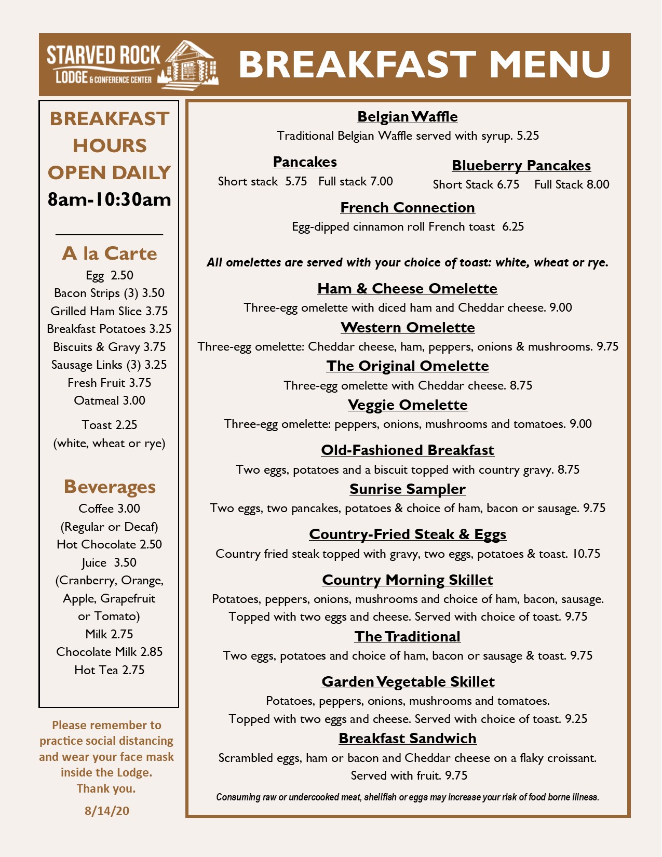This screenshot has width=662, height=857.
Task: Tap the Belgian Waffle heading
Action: click(x=408, y=116)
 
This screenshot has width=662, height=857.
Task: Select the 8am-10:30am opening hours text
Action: click(x=109, y=199)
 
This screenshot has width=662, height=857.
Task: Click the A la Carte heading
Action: click(x=109, y=253)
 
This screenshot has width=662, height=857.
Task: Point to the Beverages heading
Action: click(x=110, y=487)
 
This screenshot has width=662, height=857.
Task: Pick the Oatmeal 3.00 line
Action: click(x=110, y=400)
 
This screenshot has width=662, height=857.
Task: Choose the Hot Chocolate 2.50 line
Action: click(x=109, y=544)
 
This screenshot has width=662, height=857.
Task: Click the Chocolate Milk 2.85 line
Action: click(x=109, y=652)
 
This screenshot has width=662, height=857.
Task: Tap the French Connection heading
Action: click(x=408, y=207)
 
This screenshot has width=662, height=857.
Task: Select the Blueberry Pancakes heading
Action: click(x=521, y=165)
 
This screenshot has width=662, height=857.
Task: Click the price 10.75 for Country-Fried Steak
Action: click(x=586, y=554)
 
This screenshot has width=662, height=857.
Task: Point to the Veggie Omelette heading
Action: click(x=408, y=405)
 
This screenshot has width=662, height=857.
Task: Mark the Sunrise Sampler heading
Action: click(x=408, y=489)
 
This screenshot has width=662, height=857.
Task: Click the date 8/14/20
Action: click(x=107, y=811)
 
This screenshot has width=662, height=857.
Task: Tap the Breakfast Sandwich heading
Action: click(x=408, y=738)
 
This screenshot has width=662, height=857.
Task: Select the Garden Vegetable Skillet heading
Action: click(x=408, y=681)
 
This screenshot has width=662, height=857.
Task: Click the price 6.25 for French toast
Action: click(x=513, y=226)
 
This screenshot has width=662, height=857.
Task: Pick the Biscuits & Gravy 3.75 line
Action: click(x=109, y=347)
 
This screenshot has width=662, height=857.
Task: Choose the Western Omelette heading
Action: click(x=408, y=327)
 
